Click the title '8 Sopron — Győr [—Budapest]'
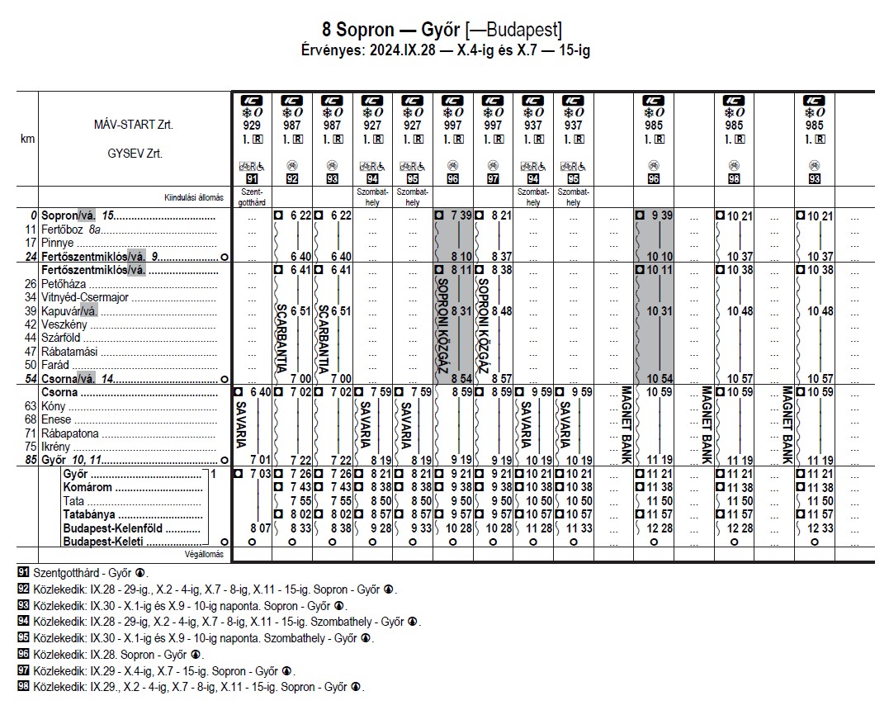tap(444, 31)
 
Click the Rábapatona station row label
tap(75, 433)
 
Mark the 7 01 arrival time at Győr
tap(258, 460)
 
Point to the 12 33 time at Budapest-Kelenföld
tap(820, 528)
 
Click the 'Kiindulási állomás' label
tap(195, 197)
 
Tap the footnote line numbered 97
tap(157, 670)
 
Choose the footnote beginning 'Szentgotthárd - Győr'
tap(83, 572)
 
